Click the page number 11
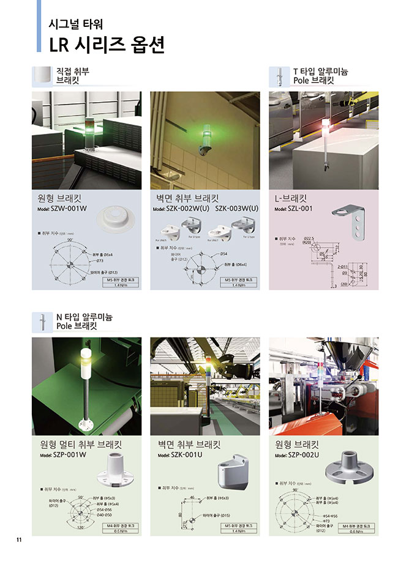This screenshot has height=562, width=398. (19, 539)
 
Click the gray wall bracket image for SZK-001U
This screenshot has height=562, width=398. (233, 468)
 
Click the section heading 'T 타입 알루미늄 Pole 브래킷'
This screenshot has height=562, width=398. (320, 76)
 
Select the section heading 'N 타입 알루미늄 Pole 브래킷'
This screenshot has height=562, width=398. (84, 321)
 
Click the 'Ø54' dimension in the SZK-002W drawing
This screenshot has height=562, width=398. (223, 253)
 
